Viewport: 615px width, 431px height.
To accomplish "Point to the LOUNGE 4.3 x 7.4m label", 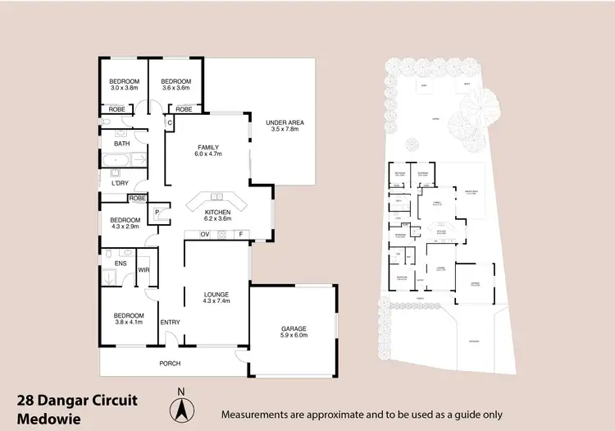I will [x=216, y=296].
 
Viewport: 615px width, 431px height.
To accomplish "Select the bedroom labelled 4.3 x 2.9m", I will [x=125, y=224].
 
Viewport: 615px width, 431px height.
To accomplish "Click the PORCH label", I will [x=170, y=364].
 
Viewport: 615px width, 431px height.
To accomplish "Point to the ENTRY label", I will [x=170, y=322].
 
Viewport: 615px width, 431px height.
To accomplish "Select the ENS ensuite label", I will [x=121, y=264].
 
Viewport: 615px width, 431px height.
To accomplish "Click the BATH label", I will [x=121, y=144].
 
